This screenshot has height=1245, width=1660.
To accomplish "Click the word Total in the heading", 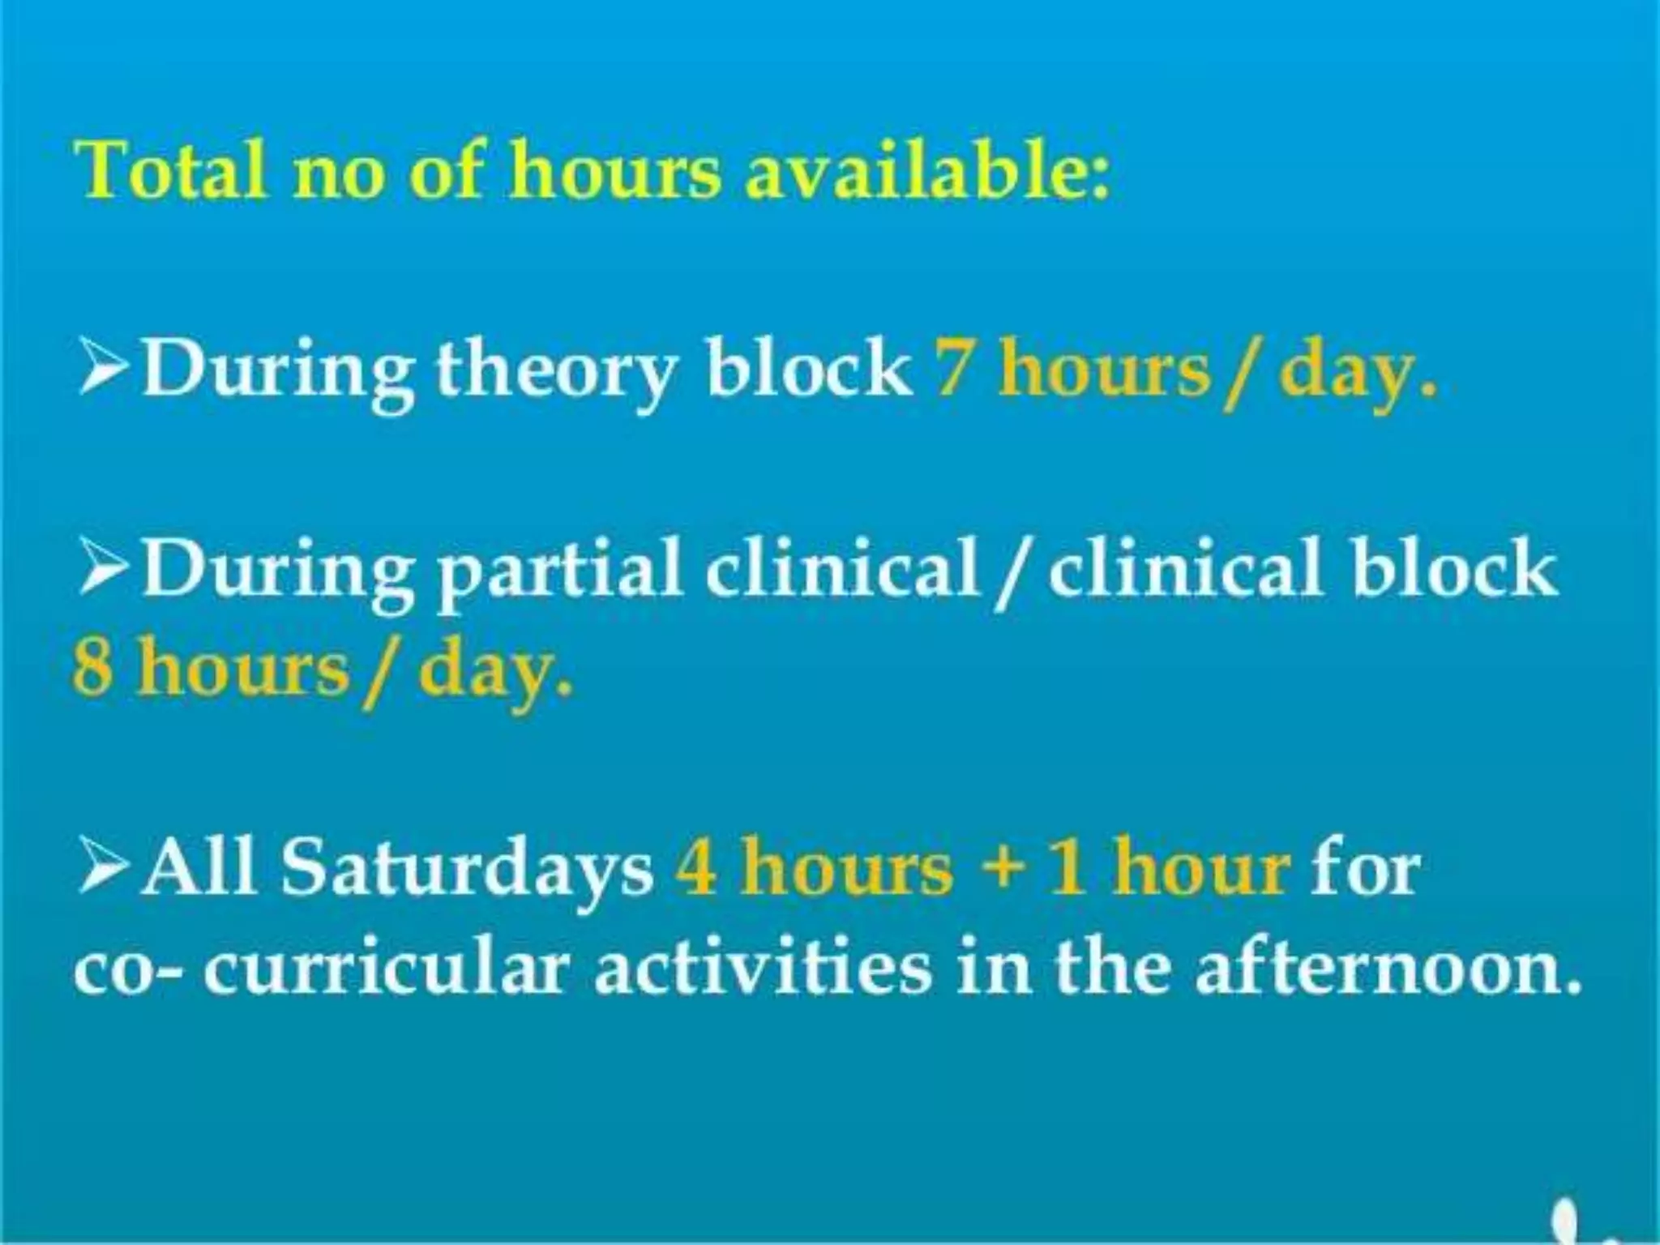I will click(171, 171).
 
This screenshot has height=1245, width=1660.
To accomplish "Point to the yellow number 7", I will click(952, 370).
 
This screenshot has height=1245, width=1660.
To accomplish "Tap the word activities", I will click(763, 969).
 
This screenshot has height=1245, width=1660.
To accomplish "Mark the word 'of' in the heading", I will click(447, 171).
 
